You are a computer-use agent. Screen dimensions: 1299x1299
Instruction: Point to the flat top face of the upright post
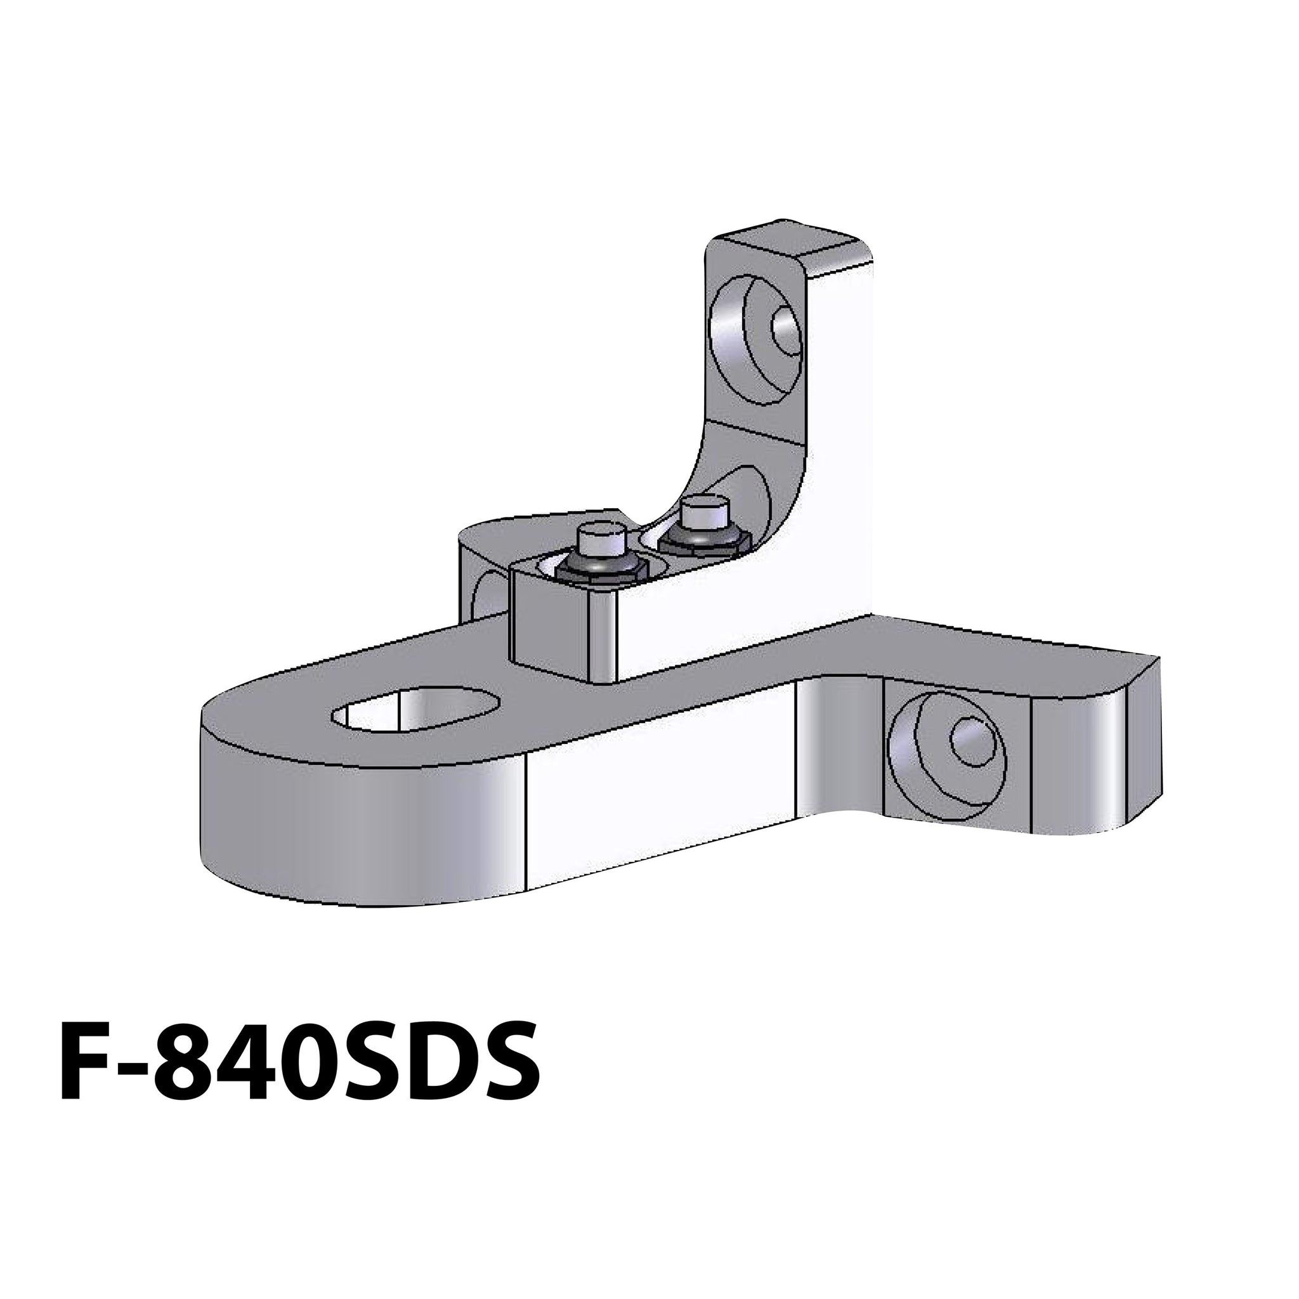click(793, 245)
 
